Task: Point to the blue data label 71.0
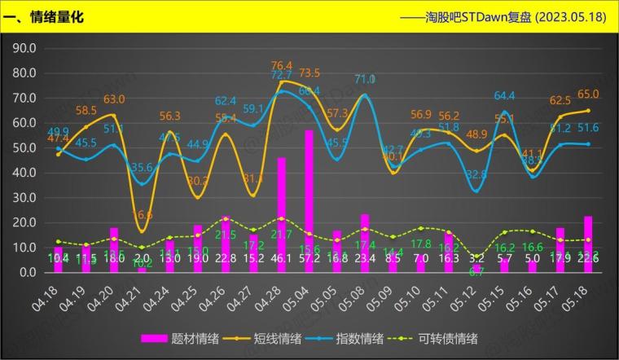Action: (364, 79)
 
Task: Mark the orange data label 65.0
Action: (588, 94)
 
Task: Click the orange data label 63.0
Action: (113, 99)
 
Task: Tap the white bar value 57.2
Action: (309, 258)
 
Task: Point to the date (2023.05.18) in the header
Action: (569, 17)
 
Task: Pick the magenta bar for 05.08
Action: (364, 243)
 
